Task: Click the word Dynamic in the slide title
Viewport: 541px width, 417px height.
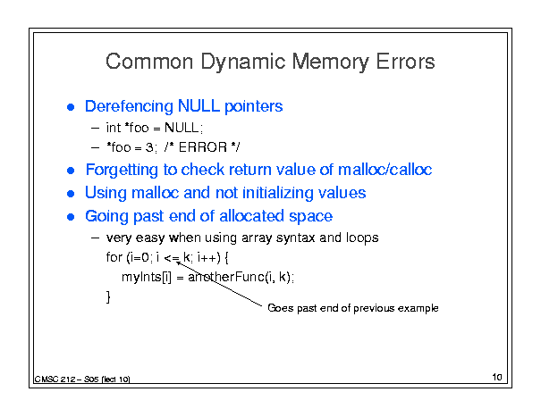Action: (243, 63)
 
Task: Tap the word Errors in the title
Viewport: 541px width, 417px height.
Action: (405, 62)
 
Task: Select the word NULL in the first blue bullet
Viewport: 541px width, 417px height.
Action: (199, 105)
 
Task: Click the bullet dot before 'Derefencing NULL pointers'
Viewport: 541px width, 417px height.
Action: (71, 107)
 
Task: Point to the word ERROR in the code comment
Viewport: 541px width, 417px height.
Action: (202, 147)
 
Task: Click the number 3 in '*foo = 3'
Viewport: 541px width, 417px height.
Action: (149, 147)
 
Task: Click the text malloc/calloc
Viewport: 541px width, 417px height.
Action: (385, 170)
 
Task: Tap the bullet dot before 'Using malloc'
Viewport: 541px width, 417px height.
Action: (71, 194)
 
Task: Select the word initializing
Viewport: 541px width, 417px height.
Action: (278, 193)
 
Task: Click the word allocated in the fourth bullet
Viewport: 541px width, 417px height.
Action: (252, 216)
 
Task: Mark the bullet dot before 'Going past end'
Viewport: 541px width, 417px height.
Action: (71, 217)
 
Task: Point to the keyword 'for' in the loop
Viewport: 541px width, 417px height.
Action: (114, 257)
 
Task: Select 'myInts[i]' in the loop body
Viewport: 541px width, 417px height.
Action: (147, 277)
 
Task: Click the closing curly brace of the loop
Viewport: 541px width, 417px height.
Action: (108, 296)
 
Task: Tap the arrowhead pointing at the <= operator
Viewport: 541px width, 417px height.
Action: (178, 263)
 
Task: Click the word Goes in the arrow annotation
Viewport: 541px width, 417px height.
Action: (281, 308)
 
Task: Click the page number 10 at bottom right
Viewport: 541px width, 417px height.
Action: (497, 377)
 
